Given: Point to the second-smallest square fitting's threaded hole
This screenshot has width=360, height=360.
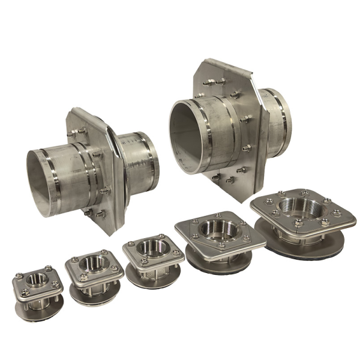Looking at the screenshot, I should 92,263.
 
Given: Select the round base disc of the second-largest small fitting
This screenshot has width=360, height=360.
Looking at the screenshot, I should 216,261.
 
